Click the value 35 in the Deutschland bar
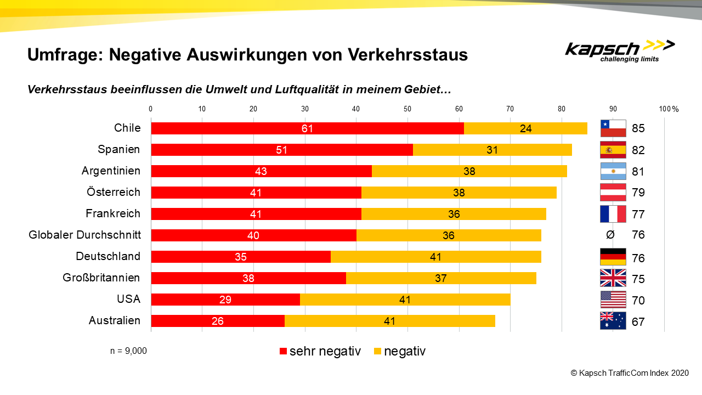(x=241, y=257)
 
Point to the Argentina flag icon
(x=613, y=171)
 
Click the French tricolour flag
(x=613, y=214)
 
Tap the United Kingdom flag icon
(x=613, y=278)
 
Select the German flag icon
(x=613, y=257)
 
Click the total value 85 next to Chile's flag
(x=638, y=129)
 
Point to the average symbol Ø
(x=610, y=235)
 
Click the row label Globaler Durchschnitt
(x=84, y=235)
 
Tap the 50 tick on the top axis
(x=407, y=109)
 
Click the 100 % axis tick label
(x=669, y=109)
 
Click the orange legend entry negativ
(x=404, y=351)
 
